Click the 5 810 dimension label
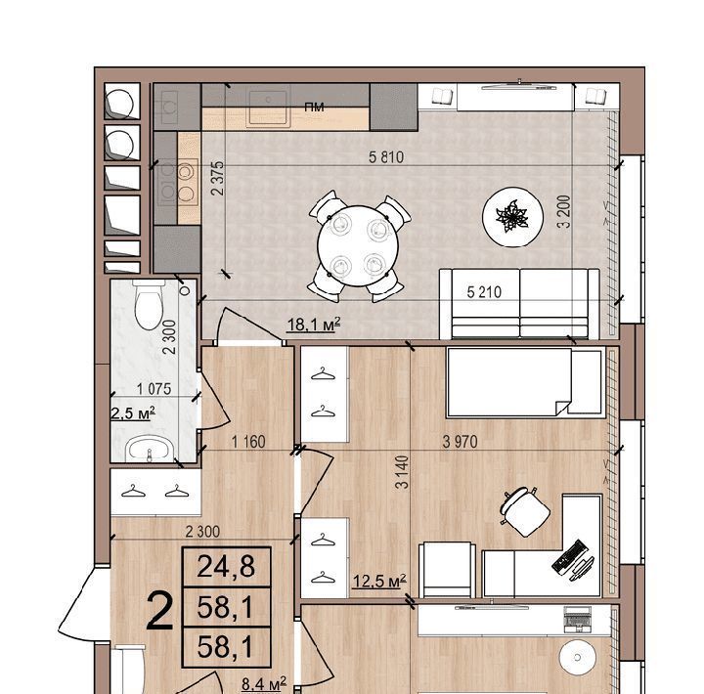click(386, 157)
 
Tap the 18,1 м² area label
click(314, 324)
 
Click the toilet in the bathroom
click(149, 304)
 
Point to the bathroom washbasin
click(150, 448)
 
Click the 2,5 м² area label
click(133, 413)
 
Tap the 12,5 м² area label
click(379, 581)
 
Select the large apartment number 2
click(159, 611)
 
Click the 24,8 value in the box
click(226, 567)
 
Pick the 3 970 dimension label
click(460, 442)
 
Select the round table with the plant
click(512, 216)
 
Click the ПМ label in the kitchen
click(314, 108)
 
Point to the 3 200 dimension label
click(564, 211)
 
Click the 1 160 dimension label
click(248, 442)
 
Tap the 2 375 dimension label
click(217, 178)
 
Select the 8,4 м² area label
click(264, 684)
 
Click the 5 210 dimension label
click(484, 292)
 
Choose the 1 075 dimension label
click(154, 389)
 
